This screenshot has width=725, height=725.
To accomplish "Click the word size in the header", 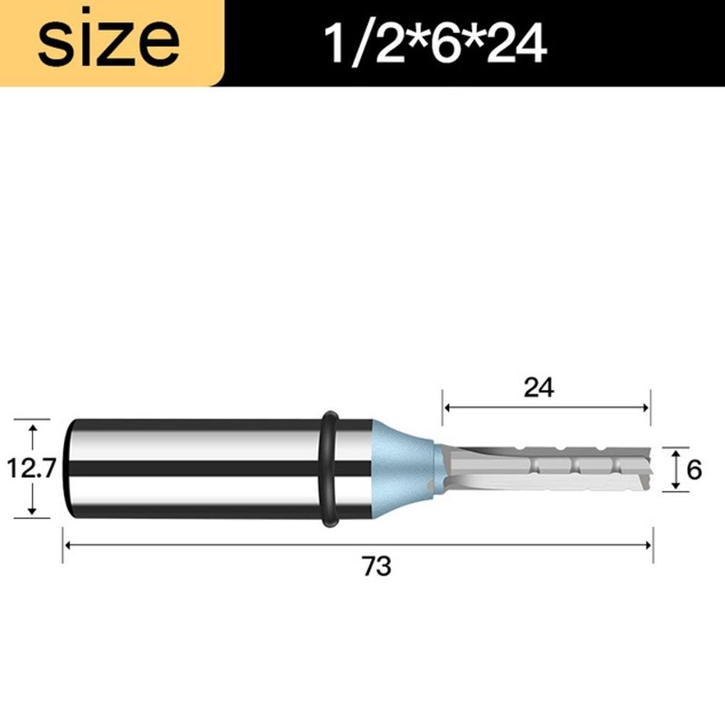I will coord(109,43).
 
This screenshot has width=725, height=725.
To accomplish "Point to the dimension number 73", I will coord(377,566).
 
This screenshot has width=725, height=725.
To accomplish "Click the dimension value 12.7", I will coord(31,470).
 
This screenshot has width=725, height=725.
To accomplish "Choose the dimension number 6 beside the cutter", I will coord(694,470).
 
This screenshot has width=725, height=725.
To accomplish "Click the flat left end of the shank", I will coord(68,469).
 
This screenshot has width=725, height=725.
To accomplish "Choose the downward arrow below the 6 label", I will coord(675,486).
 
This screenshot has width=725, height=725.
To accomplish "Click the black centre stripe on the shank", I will coord(196,469).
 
